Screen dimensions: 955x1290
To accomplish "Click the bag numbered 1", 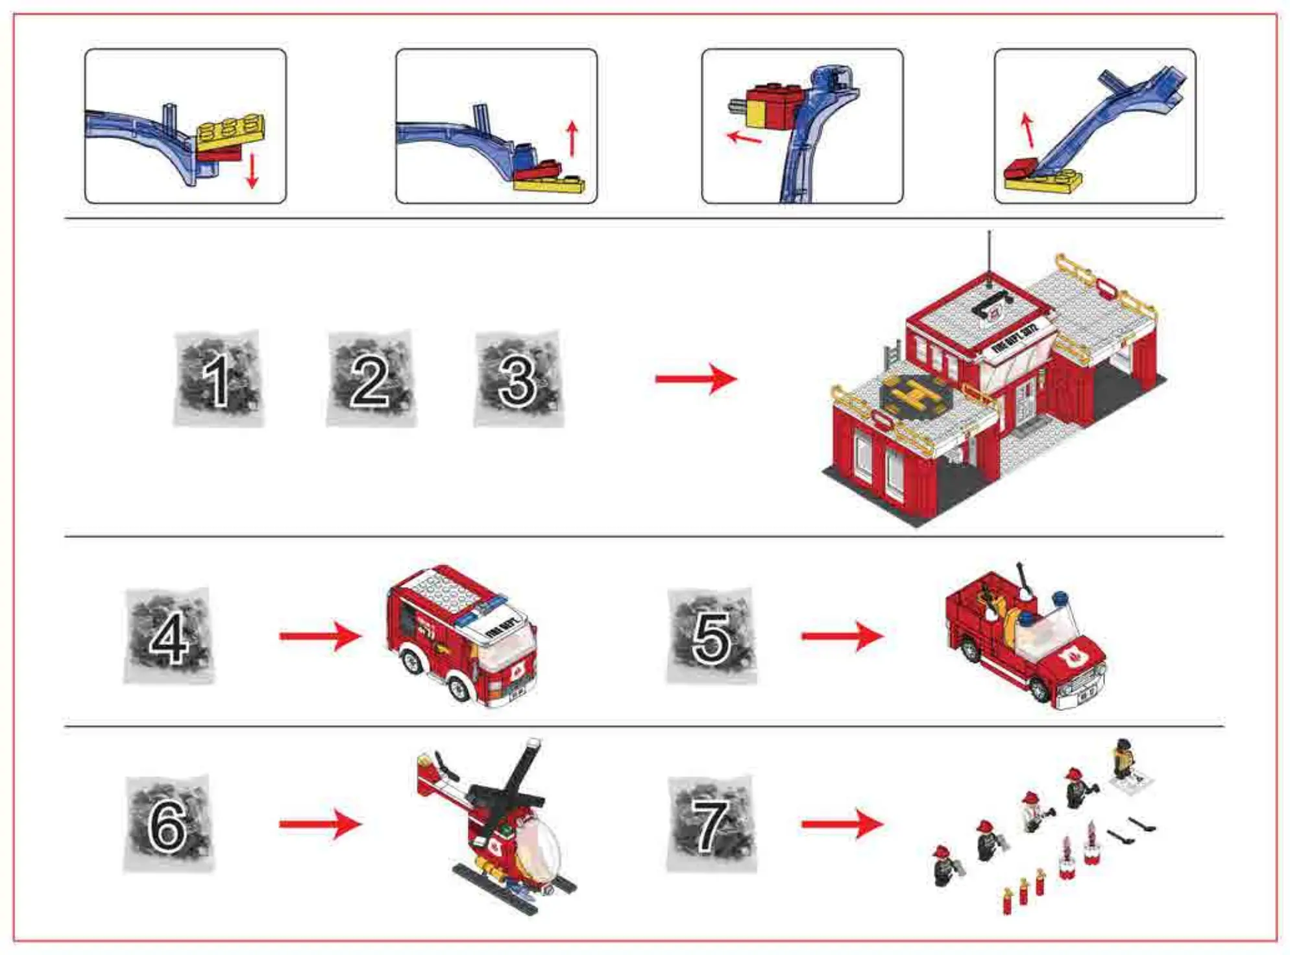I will pos(218,379).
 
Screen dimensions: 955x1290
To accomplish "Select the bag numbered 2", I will pos(371,379).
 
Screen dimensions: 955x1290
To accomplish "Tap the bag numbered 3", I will pos(518,379).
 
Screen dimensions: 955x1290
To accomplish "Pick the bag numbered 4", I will pos(169,636).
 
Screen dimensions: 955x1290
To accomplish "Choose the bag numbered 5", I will pos(711,636).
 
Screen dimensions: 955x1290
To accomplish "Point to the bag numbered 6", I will pos(169,824).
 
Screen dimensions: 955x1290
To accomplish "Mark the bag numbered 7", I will pos(711,824).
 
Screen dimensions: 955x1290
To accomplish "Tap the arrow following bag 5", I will pos(842,636).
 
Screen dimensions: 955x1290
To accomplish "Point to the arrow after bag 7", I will pos(842,824).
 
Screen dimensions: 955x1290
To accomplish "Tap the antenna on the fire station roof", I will pos(989,256).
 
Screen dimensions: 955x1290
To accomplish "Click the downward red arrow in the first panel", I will pos(252,171).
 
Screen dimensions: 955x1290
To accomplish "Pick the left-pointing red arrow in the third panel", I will pos(744,138).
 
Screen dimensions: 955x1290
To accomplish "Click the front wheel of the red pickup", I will pos(1039,690).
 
